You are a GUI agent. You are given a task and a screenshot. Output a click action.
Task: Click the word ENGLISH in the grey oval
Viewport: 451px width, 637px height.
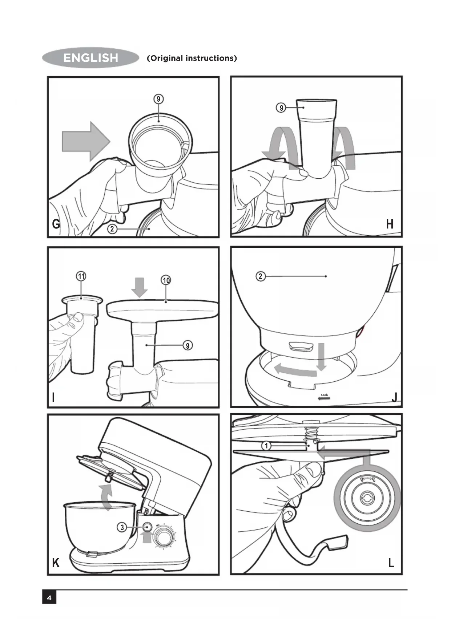90,58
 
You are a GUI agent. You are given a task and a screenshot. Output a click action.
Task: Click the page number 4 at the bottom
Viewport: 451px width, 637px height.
49,598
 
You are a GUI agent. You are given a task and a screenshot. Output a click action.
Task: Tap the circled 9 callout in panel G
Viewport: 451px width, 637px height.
158,99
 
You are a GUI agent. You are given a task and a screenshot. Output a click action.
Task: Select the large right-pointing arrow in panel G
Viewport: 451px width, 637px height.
86,141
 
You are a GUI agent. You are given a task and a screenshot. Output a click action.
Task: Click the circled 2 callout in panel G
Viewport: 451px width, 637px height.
112,229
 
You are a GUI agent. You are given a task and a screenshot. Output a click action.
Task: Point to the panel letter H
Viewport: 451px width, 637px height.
390,224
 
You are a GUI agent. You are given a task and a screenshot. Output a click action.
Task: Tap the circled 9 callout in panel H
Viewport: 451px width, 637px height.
281,108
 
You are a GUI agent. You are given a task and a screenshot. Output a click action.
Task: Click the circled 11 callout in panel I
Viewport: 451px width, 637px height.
81,276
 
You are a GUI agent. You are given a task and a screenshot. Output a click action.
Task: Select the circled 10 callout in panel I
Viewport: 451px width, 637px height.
166,280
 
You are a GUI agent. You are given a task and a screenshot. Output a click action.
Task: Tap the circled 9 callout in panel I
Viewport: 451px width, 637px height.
188,345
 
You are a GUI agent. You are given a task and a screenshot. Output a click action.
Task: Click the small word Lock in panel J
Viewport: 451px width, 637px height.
324,395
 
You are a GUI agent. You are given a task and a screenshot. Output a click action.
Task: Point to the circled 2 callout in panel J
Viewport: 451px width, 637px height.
260,276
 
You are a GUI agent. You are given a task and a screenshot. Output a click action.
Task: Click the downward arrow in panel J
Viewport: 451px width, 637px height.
321,357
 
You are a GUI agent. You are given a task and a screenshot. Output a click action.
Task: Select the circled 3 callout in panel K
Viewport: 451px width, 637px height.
122,527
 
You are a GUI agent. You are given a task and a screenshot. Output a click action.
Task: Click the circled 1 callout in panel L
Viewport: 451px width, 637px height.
266,446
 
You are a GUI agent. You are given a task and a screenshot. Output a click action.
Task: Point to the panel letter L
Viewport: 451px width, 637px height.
391,563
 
